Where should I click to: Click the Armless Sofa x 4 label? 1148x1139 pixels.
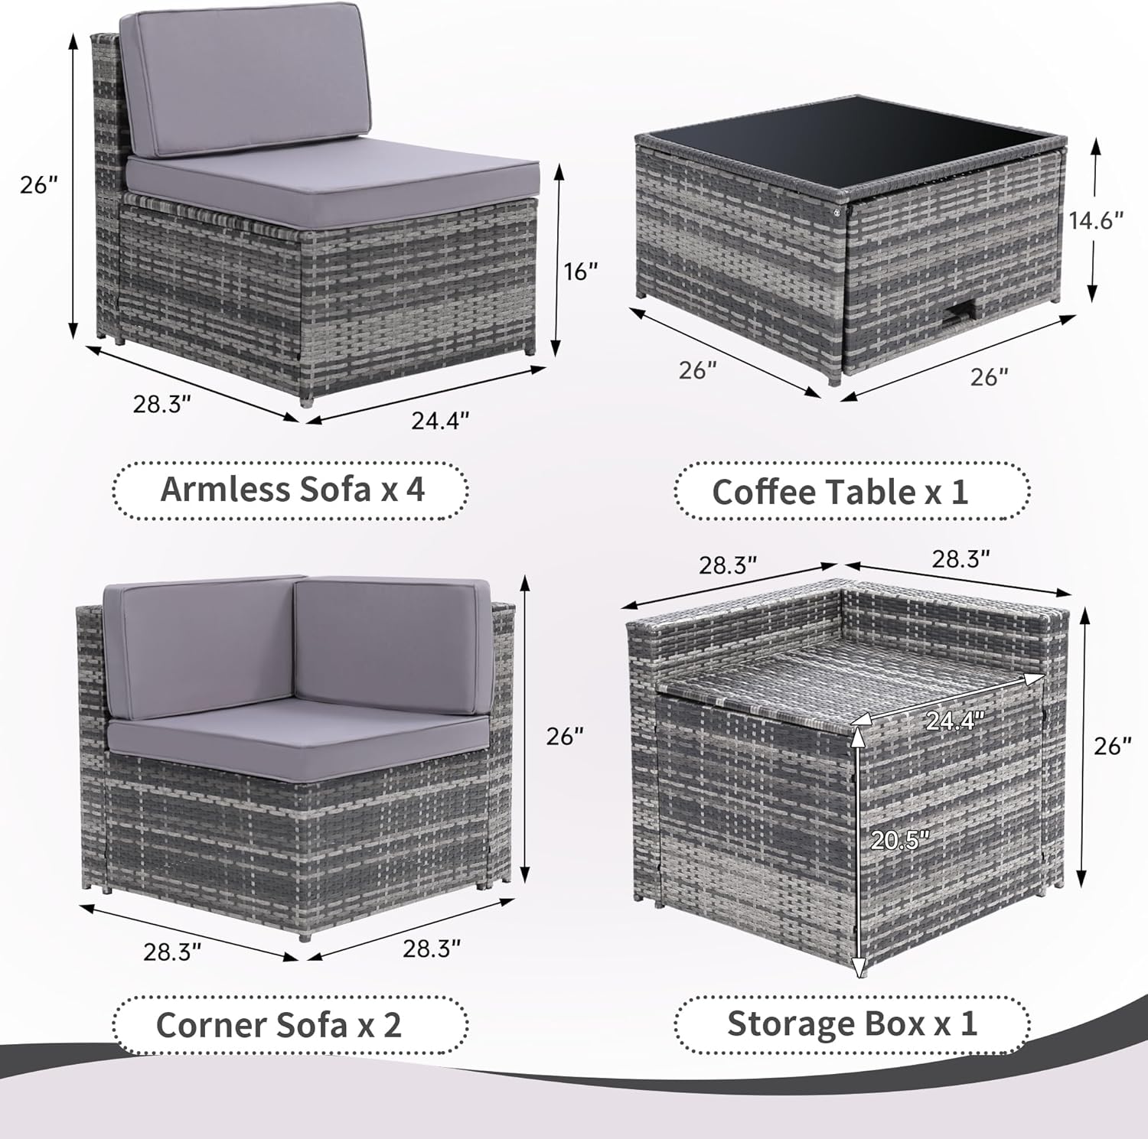[291, 490]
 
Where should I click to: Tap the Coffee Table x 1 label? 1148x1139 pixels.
[840, 492]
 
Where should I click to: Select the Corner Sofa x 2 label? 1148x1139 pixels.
[279, 1025]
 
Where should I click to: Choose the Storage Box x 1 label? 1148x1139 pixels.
[852, 1023]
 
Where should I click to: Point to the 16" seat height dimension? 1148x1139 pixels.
[582, 272]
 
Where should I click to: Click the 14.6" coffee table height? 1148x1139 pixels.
[1096, 220]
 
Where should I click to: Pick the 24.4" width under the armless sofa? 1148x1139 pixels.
[439, 420]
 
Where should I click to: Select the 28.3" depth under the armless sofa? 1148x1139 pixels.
[161, 404]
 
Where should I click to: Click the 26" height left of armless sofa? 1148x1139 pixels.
[39, 185]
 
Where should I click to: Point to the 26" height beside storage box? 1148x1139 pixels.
[1112, 746]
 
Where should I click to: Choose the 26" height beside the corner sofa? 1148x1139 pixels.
[565, 737]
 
